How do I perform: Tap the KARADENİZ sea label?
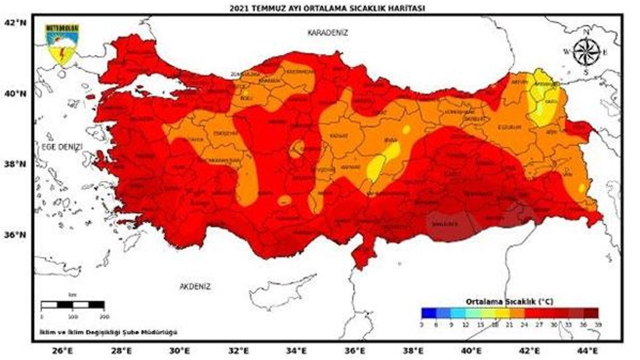point(328,33)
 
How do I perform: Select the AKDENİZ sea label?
point(195,286)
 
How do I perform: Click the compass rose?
point(586,52)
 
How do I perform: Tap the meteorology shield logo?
point(62,44)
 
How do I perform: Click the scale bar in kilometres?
point(73,305)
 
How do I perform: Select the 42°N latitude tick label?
point(15,23)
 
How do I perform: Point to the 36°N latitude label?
point(15,235)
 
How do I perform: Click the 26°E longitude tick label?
point(62,350)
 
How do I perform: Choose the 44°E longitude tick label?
point(587,350)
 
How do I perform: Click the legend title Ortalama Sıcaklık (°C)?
point(509,301)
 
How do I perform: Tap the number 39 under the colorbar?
point(598,323)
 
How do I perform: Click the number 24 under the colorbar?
point(524,323)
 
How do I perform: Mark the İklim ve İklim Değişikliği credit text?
point(108,332)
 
